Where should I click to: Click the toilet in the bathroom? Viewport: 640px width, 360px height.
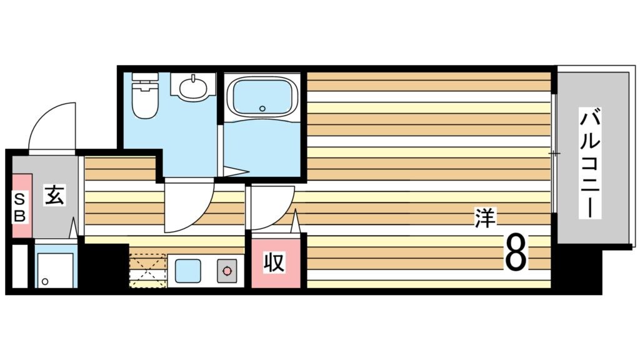(x=145, y=100)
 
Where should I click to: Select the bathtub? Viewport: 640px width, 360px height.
(x=262, y=96)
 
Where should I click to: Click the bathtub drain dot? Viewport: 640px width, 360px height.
(x=263, y=107)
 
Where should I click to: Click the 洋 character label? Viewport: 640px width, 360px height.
(x=484, y=219)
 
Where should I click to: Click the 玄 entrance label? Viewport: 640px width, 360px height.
(x=52, y=196)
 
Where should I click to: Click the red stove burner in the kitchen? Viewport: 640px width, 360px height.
(x=227, y=272)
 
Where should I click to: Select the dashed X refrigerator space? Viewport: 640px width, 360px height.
(x=148, y=271)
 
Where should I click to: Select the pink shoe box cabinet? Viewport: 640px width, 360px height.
(x=21, y=206)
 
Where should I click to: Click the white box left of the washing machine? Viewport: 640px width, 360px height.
(x=19, y=266)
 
